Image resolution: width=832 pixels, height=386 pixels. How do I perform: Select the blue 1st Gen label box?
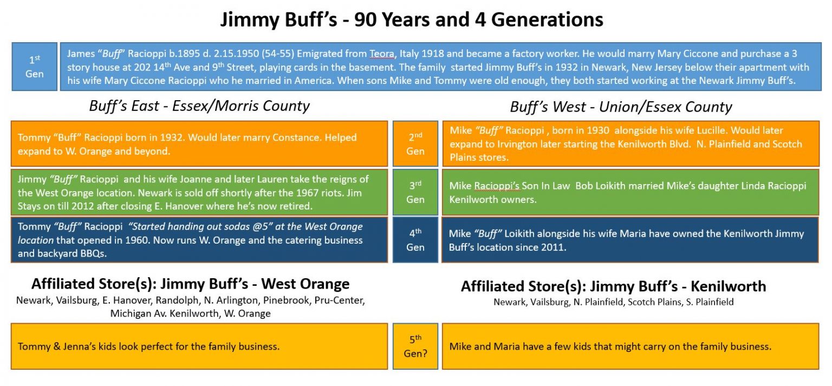pyautogui.click(x=34, y=67)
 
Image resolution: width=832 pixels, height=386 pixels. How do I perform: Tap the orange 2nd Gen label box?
pyautogui.click(x=415, y=144)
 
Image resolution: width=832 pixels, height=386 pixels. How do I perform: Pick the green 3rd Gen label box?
pyautogui.click(x=415, y=192)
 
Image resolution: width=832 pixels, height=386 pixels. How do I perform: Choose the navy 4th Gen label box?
pyautogui.click(x=415, y=240)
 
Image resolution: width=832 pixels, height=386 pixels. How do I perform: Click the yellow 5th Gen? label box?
pyautogui.click(x=415, y=346)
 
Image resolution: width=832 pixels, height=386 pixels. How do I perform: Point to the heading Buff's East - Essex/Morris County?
pyautogui.click(x=199, y=106)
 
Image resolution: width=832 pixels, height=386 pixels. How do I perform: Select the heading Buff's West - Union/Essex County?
pyautogui.click(x=621, y=107)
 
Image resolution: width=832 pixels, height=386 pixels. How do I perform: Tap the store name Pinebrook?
pyautogui.click(x=285, y=300)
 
